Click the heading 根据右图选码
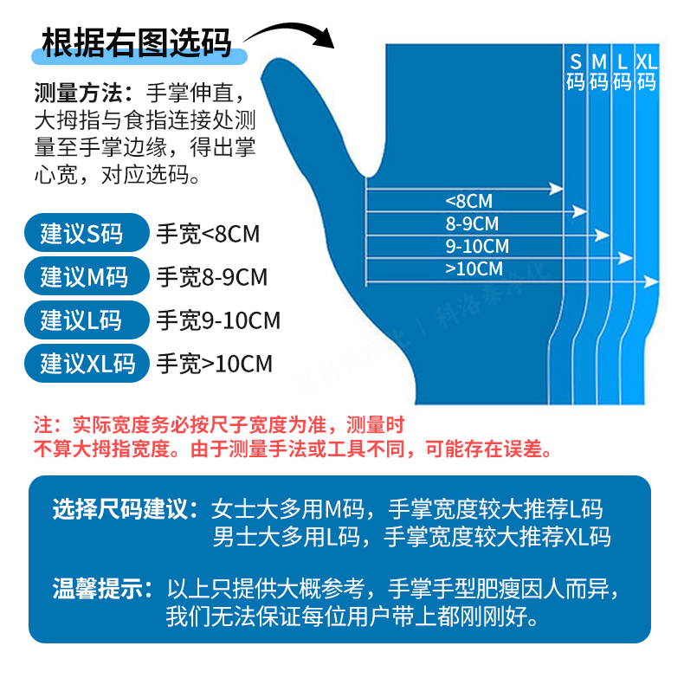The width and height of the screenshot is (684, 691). click(x=137, y=42)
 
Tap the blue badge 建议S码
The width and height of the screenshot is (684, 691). click(x=82, y=233)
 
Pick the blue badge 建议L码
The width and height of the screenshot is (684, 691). click(x=81, y=320)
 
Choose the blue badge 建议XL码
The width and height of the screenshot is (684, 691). click(x=87, y=363)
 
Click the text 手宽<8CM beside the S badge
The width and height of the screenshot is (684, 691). click(x=208, y=233)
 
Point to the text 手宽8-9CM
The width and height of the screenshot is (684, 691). click(x=212, y=277)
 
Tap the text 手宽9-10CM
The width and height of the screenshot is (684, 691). click(x=218, y=320)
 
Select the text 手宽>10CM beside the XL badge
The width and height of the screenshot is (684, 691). click(x=214, y=363)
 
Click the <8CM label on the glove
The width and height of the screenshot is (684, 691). click(x=468, y=202)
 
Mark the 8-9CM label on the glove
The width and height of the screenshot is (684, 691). click(x=473, y=224)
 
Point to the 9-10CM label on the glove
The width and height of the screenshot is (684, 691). click(x=477, y=247)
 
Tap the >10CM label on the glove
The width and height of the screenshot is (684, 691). click(x=474, y=269)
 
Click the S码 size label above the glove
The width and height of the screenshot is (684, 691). click(x=576, y=72)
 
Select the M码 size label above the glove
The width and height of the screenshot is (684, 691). click(x=599, y=72)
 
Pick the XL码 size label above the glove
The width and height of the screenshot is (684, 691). click(x=647, y=72)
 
